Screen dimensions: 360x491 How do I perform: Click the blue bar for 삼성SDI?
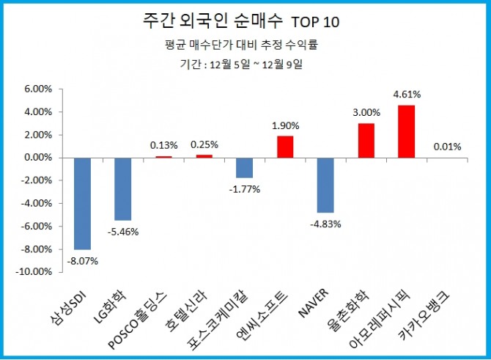(82, 203)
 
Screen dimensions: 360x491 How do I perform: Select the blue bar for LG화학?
(122, 188)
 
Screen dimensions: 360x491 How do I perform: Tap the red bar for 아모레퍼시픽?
(407, 131)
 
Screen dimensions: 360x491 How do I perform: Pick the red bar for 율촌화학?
(366, 140)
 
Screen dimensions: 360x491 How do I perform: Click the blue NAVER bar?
(325, 185)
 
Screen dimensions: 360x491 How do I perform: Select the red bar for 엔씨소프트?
(285, 147)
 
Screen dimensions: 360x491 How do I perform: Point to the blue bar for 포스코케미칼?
(244, 167)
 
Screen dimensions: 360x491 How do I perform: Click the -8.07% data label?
(84, 260)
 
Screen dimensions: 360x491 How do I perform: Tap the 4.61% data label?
(407, 95)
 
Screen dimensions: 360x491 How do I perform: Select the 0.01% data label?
(447, 147)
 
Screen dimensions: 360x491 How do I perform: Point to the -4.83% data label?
(326, 224)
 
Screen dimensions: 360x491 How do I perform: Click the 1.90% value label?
(285, 125)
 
